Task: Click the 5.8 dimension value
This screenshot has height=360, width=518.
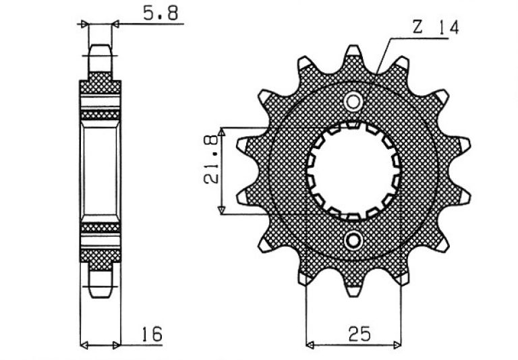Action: click(x=161, y=13)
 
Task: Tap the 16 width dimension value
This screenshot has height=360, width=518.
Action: click(x=152, y=334)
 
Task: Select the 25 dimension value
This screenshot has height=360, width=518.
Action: click(x=359, y=334)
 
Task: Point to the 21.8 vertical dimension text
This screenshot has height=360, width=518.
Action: click(x=210, y=160)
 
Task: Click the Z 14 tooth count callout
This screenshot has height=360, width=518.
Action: click(x=436, y=27)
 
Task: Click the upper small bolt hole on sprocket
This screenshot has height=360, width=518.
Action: click(x=353, y=102)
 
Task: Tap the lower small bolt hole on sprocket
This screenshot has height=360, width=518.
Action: click(x=353, y=240)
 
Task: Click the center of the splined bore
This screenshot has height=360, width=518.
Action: click(x=353, y=171)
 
